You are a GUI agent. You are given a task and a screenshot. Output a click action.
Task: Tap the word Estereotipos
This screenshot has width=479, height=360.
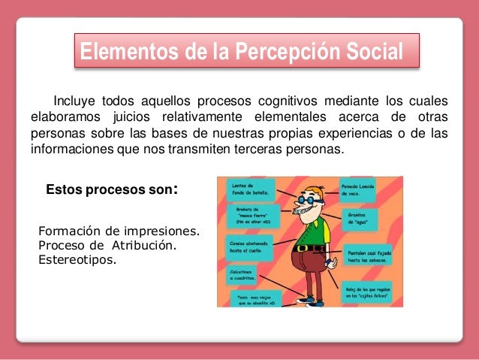point(77,260)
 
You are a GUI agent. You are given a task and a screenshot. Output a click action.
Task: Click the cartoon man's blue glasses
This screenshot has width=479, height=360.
point(310,201)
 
